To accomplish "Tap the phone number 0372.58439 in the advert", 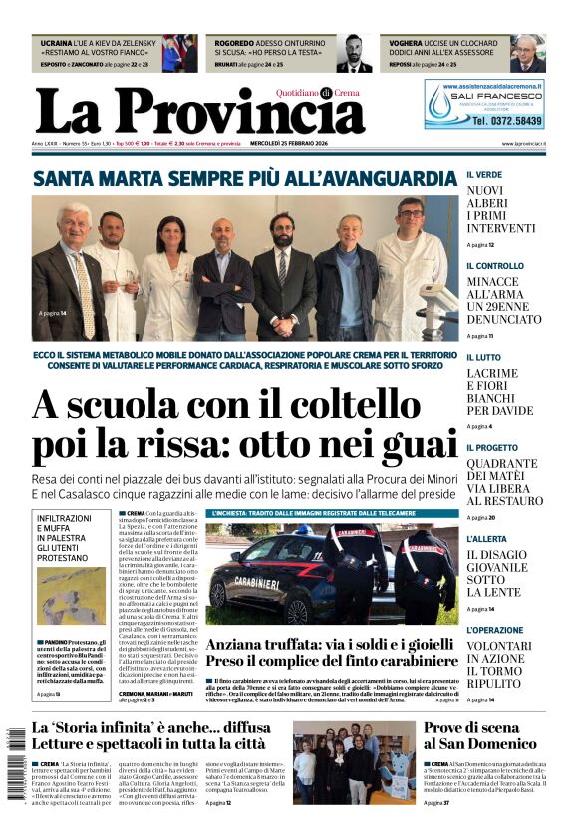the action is (507, 121).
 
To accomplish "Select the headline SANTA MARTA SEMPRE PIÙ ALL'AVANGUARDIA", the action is (244, 178).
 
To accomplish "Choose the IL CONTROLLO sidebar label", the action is (495, 266).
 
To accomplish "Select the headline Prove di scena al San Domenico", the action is (479, 735).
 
